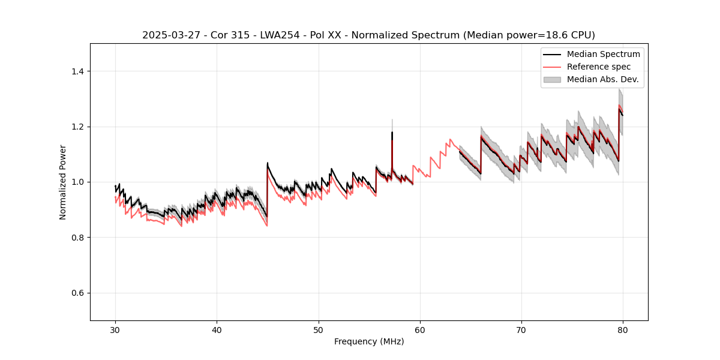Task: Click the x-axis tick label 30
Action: click(115, 329)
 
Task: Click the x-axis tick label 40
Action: click(217, 329)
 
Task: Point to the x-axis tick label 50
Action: click(318, 329)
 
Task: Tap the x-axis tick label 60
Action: click(420, 329)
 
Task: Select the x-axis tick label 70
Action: click(521, 329)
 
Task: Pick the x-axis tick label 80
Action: click(623, 329)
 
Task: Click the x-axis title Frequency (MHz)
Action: click(369, 341)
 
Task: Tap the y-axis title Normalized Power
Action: click(63, 182)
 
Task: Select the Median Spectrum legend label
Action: click(603, 54)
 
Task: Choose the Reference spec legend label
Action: click(598, 67)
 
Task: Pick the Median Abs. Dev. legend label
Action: click(602, 79)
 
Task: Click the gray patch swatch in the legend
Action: click(552, 79)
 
